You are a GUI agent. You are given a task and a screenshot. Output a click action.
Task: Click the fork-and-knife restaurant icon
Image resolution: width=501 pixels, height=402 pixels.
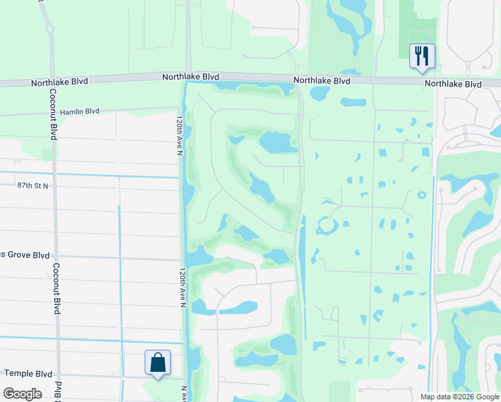click(422, 56)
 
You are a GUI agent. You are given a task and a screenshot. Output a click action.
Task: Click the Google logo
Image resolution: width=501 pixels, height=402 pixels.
click(23, 393)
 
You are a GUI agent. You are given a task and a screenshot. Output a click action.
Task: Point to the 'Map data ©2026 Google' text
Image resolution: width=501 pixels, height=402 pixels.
click(459, 397)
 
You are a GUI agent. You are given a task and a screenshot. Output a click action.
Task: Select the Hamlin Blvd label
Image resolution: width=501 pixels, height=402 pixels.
click(79, 112)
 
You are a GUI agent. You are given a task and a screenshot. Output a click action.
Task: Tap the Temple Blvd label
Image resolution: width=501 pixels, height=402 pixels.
click(28, 373)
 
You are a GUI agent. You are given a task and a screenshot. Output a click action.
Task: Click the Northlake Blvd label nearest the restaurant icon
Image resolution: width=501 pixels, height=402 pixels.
click(453, 84)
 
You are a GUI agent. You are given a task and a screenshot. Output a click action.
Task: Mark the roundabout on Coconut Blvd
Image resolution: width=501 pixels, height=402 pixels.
click(50, 29)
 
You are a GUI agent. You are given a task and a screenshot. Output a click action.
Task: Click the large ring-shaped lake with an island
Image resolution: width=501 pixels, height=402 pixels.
click(327, 225)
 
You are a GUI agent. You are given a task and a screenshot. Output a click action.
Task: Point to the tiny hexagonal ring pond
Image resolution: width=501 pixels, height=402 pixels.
click(421, 196)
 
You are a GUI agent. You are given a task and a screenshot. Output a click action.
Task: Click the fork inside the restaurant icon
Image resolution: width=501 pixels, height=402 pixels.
click(419, 54)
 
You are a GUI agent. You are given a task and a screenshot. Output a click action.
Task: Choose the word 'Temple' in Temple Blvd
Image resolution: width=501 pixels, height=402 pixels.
click(19, 373)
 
